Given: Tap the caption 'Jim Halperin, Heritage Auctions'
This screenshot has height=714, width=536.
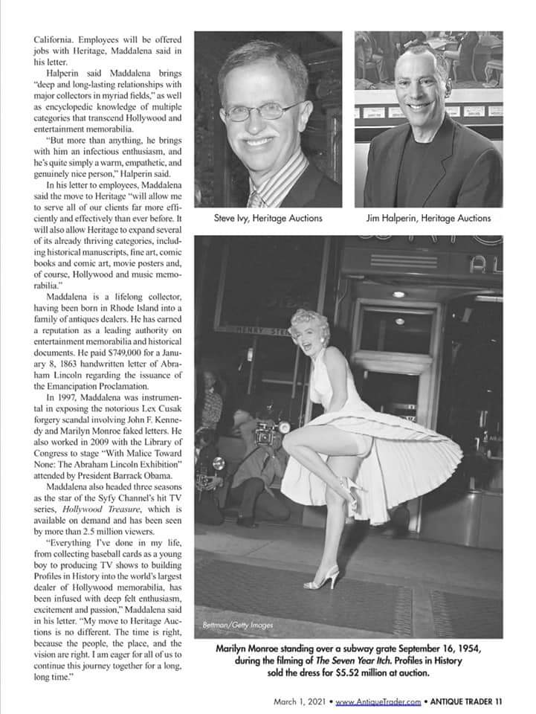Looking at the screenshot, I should pos(429,218).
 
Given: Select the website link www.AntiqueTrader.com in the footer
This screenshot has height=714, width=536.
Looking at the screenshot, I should pos(378,701).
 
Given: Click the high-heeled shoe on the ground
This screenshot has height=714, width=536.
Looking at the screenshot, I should pos(323,579).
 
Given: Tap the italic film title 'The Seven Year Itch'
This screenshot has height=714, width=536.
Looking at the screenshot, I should pos(329,661).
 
